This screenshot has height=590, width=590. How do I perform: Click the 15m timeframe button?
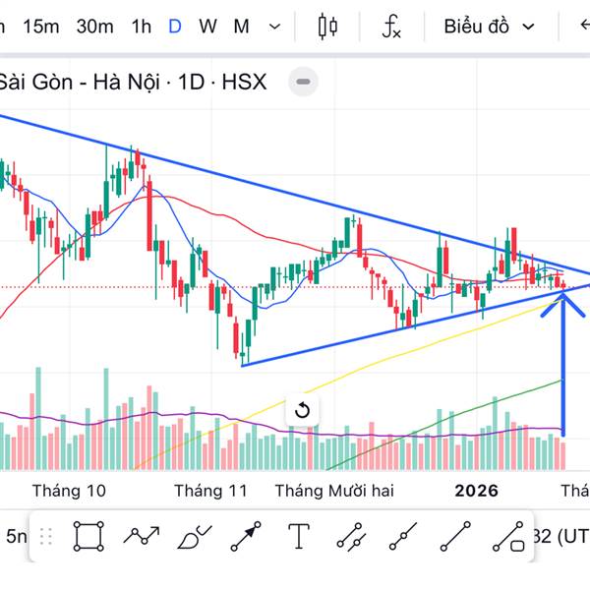[x=40, y=27]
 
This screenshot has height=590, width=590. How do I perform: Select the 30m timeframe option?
[x=94, y=27]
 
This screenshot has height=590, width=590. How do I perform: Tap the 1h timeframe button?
[x=142, y=27]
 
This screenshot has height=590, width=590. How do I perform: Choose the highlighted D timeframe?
[x=175, y=27]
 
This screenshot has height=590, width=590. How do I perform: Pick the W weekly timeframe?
[x=207, y=27]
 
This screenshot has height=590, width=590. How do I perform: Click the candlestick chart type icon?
[x=327, y=27]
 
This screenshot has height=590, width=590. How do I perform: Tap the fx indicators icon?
[x=391, y=27]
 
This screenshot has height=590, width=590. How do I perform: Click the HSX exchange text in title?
[x=244, y=82]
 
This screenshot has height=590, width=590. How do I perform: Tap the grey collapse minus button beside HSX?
[x=304, y=82]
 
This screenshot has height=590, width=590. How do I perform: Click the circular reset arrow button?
[x=302, y=410]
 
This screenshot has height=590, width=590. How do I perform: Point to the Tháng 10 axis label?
[x=69, y=490]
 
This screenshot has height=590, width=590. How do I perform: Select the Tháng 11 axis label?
[x=210, y=490]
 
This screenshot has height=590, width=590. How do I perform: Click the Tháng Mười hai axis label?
[x=333, y=490]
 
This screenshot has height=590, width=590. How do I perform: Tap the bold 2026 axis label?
[x=477, y=490]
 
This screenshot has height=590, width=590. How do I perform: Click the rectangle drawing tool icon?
[x=88, y=537]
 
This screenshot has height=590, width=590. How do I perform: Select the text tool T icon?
[x=299, y=537]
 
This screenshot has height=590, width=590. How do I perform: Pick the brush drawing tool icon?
[x=193, y=537]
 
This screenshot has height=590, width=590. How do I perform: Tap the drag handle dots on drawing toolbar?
[x=45, y=537]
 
